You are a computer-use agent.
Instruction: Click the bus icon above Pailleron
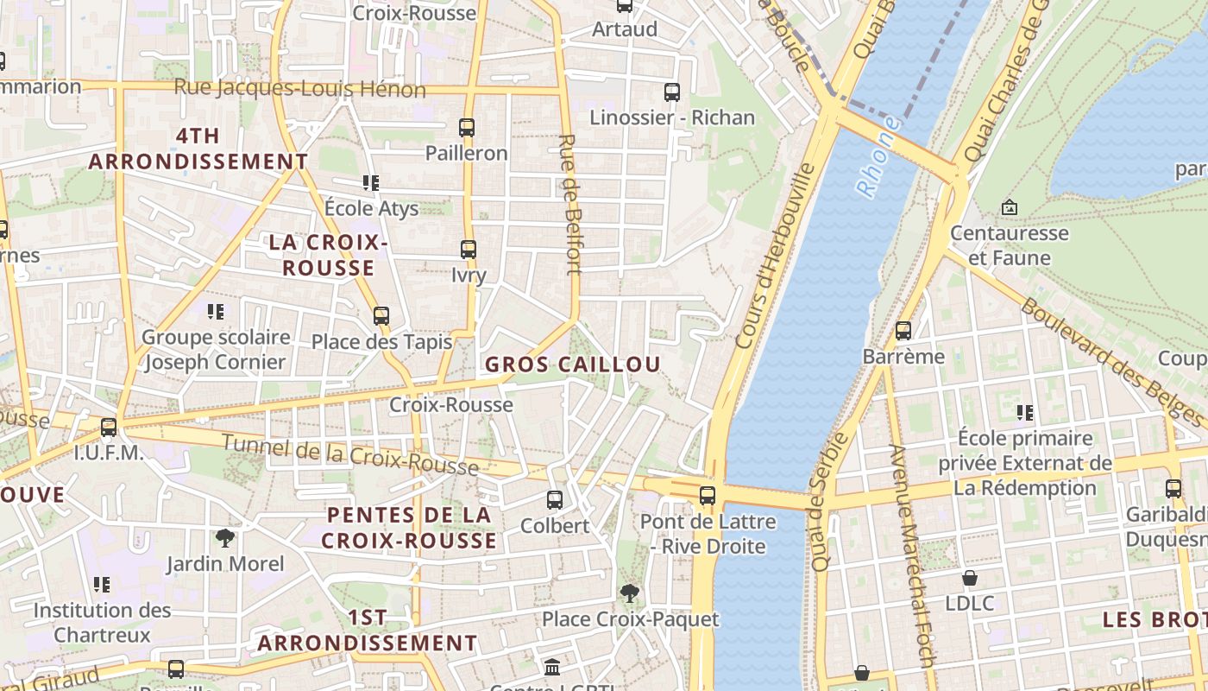[467, 128]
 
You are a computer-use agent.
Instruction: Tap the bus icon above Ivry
[469, 250]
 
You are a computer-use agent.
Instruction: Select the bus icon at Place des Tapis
[381, 316]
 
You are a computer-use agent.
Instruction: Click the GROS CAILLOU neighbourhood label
[572, 365]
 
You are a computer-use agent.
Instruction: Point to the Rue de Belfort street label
[570, 204]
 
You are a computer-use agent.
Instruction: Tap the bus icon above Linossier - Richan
[672, 92]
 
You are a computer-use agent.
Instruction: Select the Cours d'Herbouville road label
[775, 257]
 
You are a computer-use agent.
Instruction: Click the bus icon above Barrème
[903, 331]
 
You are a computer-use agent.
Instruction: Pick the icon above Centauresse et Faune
[1009, 207]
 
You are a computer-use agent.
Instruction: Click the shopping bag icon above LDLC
[970, 578]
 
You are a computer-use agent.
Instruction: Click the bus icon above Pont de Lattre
[708, 496]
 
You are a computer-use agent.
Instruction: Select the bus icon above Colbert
[555, 500]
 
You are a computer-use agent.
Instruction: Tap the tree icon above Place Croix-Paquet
[630, 593]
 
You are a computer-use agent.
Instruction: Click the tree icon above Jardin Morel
[225, 539]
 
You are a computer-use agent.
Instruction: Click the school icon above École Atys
[371, 183]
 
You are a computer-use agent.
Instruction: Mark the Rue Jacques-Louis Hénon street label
[299, 88]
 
